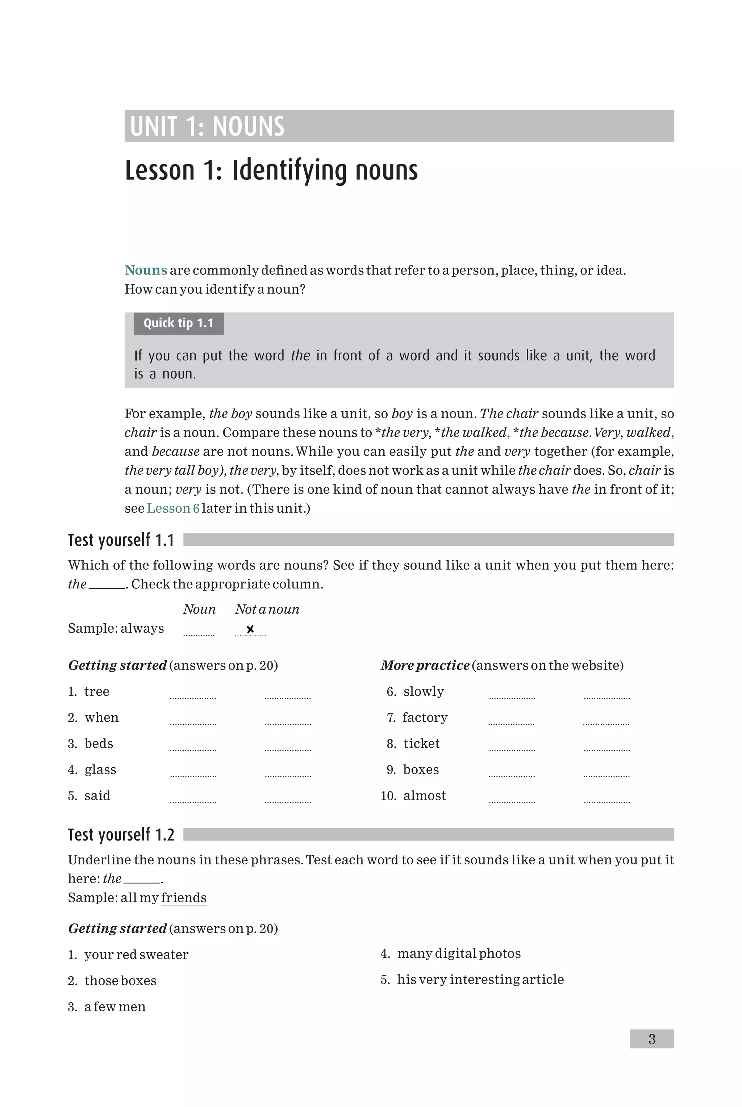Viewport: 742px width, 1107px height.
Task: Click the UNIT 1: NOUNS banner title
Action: (x=207, y=126)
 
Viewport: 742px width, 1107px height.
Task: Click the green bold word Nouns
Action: (x=146, y=271)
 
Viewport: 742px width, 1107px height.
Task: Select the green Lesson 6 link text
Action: (x=173, y=508)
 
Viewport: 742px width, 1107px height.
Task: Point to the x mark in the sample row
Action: (x=250, y=629)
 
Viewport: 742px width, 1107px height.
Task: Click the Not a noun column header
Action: (x=267, y=609)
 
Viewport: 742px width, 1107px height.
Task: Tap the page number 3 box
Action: (x=652, y=1039)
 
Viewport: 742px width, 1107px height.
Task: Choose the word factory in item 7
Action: (x=425, y=718)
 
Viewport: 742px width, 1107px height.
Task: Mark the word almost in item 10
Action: (x=425, y=796)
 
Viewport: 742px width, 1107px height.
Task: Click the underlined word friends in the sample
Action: (x=184, y=898)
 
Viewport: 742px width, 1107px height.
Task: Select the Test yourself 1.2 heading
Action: (x=121, y=835)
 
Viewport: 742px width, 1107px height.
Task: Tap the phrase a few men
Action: (x=114, y=1007)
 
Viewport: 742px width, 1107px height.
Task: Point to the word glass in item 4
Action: (x=100, y=770)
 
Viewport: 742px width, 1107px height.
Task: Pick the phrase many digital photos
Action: (x=459, y=953)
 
